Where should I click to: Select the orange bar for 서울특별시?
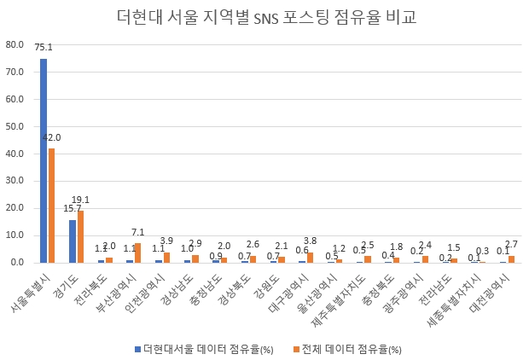(51, 206)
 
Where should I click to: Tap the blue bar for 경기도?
(73, 241)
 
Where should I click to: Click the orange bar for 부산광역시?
(137, 253)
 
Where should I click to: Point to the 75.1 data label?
(43, 49)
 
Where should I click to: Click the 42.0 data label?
(54, 138)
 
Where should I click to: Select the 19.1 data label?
(81, 200)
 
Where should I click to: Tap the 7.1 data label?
(137, 232)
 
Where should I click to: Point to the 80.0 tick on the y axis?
(15, 44)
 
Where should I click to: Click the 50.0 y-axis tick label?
(15, 126)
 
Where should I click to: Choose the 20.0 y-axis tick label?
(15, 208)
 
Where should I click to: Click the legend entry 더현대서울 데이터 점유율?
(201, 349)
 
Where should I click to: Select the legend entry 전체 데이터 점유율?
(348, 349)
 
